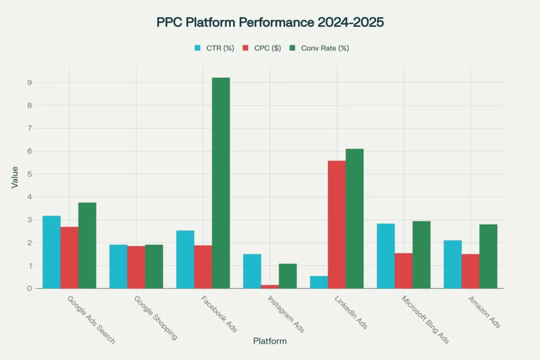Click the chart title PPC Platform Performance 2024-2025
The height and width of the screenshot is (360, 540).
pos(270,22)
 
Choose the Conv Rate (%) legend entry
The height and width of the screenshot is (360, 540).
pos(319,48)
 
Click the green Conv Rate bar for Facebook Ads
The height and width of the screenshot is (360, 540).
pos(221,183)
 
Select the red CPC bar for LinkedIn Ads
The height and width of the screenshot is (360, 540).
pos(337,225)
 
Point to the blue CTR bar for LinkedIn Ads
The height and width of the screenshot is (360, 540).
pos(319,282)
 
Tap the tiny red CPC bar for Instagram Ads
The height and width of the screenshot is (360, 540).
pos(270,286)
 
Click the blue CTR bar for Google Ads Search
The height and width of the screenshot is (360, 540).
pos(51,252)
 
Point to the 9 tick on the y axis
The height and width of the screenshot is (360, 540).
pos(29,83)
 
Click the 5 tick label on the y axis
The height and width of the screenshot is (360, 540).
pos(29,174)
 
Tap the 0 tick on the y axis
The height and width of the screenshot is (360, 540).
pos(29,289)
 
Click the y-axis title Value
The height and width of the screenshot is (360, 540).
pos(14,177)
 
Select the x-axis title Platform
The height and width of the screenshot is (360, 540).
pos(270,341)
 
